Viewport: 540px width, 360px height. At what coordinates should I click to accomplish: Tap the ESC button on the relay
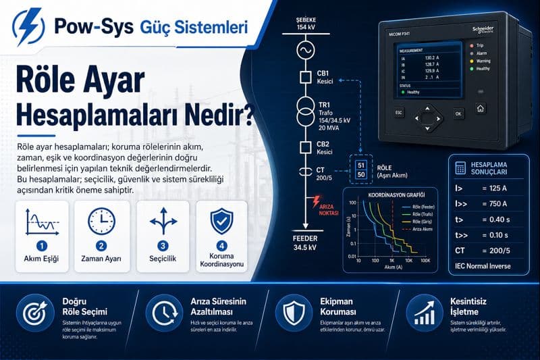pyautogui.click(x=399, y=112)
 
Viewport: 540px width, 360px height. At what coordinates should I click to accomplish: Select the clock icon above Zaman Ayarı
pyautogui.click(x=101, y=221)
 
